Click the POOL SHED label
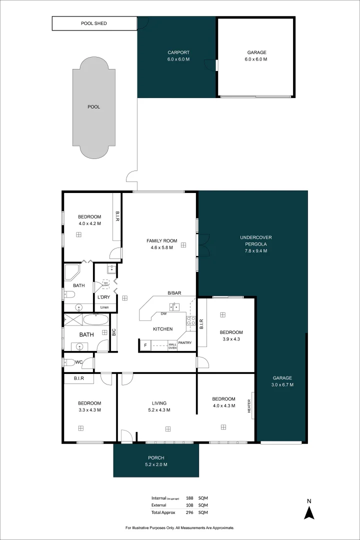click(x=94, y=23)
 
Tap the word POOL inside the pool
click(x=93, y=106)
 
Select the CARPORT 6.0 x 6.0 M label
click(x=178, y=55)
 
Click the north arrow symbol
click(x=309, y=510)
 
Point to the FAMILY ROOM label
click(x=161, y=244)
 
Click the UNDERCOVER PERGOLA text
click(x=255, y=244)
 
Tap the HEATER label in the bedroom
click(x=248, y=405)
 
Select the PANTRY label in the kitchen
click(x=184, y=343)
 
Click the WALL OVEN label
click(x=172, y=345)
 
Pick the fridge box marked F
click(x=145, y=345)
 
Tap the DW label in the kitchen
click(x=163, y=313)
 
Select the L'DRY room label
click(x=104, y=297)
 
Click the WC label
click(x=79, y=362)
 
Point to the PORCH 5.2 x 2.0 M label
click(x=156, y=461)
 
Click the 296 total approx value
click(x=189, y=512)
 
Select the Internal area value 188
click(x=189, y=498)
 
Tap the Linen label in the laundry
click(x=104, y=307)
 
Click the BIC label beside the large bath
click(x=114, y=331)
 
